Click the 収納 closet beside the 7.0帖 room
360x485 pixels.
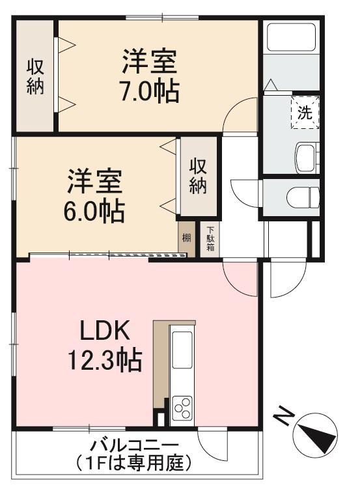click(36, 76)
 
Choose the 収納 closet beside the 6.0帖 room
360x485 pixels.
click(198, 176)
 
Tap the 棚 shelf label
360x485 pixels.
click(187, 238)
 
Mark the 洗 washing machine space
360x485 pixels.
click(305, 113)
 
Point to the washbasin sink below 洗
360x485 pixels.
click(305, 157)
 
